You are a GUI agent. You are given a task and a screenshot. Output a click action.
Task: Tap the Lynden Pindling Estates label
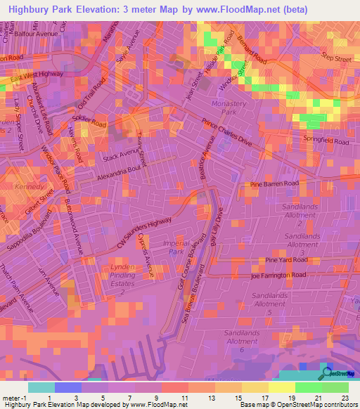127,280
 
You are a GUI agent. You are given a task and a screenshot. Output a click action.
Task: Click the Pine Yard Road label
285,261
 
